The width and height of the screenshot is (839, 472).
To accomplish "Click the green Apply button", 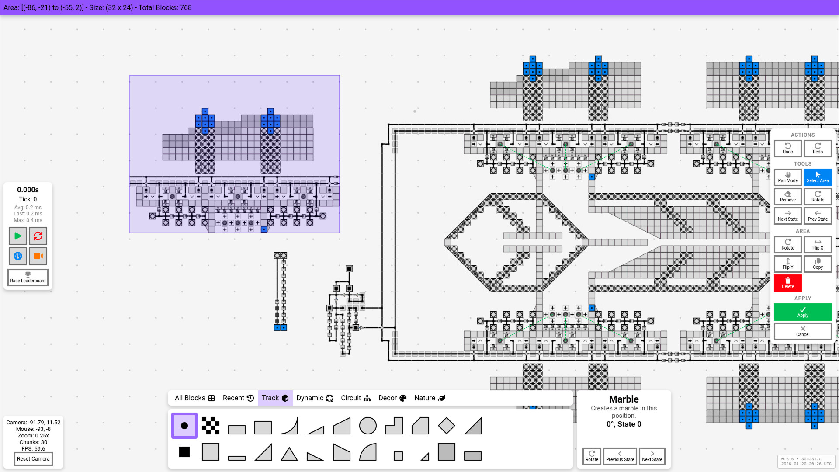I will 802,312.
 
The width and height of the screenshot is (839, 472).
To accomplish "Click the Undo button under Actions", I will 787,148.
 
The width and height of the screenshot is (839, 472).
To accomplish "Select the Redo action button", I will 817,148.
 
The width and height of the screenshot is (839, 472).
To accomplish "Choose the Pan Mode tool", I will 787,177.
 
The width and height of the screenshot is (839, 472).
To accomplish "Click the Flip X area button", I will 817,244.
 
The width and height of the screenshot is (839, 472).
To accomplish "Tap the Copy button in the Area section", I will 817,264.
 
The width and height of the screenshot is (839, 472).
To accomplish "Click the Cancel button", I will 802,331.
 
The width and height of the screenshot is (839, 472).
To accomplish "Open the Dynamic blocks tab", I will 315,398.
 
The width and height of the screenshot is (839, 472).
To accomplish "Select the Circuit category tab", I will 355,398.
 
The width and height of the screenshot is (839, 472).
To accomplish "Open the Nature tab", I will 429,398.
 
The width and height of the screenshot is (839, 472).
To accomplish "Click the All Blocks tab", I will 194,398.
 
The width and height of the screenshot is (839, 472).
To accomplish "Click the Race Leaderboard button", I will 28,278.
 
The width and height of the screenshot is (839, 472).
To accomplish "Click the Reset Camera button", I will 33,458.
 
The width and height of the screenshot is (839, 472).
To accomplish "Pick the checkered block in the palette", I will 211,425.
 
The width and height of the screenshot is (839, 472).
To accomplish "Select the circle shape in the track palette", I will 367,425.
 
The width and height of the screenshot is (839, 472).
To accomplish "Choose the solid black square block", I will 184,452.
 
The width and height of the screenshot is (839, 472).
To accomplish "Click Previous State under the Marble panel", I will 620,456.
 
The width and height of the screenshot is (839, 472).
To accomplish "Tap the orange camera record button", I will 38,256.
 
